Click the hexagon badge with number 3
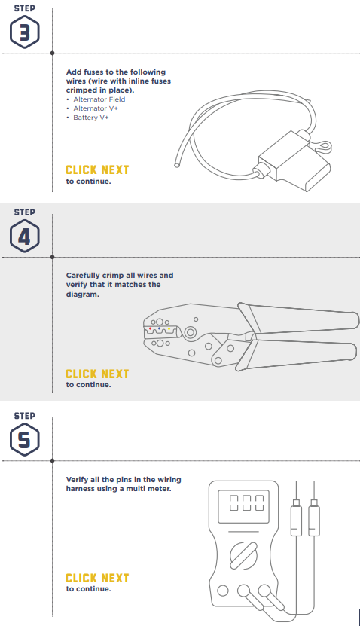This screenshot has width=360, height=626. (25, 32)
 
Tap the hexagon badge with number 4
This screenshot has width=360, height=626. (25, 236)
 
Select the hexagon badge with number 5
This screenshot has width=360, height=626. (25, 440)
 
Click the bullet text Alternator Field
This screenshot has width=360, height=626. (99, 99)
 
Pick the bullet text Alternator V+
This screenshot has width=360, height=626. (96, 108)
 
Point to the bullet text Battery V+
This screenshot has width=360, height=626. (91, 118)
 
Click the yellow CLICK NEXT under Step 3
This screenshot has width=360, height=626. (97, 170)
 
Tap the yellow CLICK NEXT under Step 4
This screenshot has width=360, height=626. (97, 374)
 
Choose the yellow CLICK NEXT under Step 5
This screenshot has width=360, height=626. (97, 578)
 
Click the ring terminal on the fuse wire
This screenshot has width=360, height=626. (325, 147)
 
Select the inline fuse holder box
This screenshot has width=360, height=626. (294, 162)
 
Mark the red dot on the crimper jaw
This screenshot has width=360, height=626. (150, 328)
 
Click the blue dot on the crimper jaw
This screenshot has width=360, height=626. (159, 328)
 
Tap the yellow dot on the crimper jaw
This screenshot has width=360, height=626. (169, 329)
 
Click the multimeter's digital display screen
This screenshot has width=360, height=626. (243, 506)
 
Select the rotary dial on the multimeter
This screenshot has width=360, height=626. (243, 556)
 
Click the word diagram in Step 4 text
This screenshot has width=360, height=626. (82, 295)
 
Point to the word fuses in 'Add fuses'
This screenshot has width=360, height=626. (93, 72)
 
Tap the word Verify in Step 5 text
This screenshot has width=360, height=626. (77, 480)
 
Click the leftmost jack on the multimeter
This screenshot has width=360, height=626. (223, 591)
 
